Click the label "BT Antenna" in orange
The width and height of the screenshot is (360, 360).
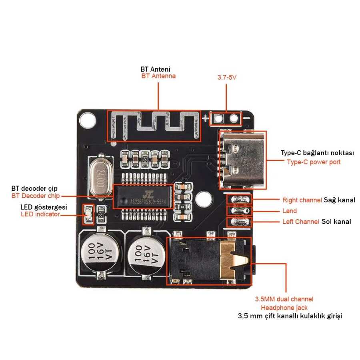point(158,76)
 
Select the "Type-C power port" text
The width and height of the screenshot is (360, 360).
point(314,162)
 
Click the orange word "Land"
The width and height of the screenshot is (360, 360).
point(290,211)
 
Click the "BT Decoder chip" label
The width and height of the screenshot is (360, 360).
point(36,196)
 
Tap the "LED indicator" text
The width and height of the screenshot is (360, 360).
point(40,214)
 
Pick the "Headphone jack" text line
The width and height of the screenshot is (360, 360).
point(284,308)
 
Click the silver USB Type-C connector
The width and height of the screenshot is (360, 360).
point(242,159)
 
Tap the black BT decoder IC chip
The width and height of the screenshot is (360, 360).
point(144,196)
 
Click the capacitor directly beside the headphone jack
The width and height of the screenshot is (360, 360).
point(144,254)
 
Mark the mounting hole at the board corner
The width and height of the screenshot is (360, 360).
point(87,119)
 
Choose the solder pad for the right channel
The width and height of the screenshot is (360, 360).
point(240,200)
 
